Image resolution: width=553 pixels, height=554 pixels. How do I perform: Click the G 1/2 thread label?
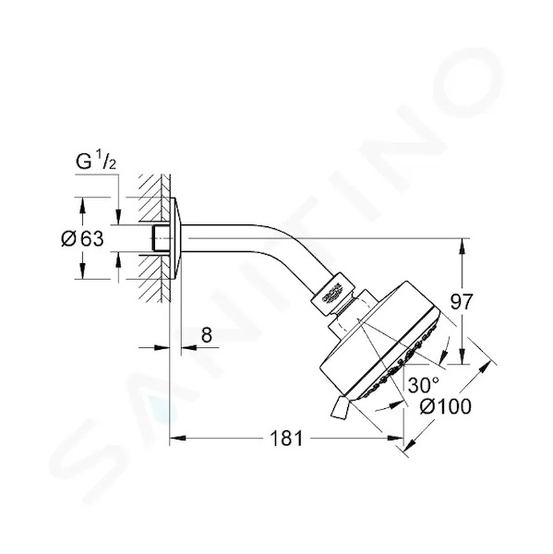coord(96,161)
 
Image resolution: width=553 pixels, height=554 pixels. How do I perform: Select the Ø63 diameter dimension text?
coord(82,239)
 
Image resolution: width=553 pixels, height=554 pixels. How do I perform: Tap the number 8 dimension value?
coord(207,334)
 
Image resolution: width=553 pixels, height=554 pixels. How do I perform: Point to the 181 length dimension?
coord(286,439)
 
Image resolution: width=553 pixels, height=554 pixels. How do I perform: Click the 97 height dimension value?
coord(462,302)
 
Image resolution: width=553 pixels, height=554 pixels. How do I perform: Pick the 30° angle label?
coord(424,385)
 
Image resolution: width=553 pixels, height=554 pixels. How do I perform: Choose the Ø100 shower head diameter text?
coord(446,406)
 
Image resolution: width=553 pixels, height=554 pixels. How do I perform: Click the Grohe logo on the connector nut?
coord(331,294)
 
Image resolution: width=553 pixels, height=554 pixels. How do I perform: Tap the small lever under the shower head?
coord(340,408)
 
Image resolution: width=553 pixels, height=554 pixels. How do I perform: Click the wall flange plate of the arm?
coord(175,238)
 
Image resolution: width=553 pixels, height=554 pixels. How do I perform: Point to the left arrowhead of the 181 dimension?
coord(178,439)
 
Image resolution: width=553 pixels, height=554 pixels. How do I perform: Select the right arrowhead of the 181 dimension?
coord(395,439)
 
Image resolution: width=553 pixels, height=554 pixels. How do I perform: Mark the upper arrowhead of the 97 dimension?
coord(462,247)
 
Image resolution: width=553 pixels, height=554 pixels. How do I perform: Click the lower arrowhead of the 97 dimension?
coord(462,356)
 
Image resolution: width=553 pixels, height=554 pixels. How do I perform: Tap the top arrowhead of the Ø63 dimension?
coord(82,205)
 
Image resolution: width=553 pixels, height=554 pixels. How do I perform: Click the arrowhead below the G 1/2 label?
coord(118,217)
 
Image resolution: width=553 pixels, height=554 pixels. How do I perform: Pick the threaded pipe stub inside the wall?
coord(161,238)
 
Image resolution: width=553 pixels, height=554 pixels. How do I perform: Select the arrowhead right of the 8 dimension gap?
coord(189,348)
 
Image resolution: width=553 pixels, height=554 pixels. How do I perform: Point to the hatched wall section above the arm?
coord(154,199)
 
